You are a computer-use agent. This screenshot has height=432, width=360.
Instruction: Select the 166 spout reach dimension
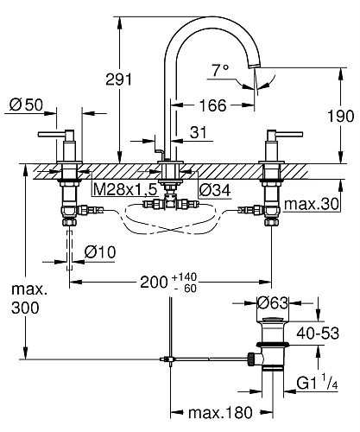[211, 105]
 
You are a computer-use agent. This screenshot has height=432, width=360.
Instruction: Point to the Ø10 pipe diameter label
[101, 251]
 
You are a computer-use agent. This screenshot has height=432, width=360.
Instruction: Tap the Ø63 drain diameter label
[272, 302]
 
